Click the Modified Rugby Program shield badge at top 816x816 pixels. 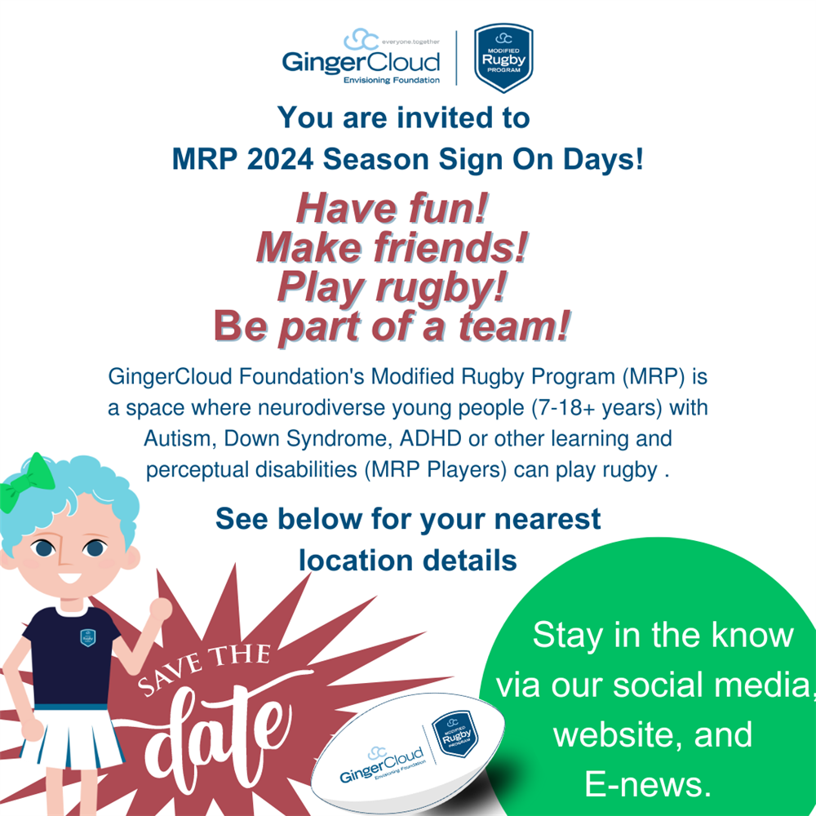(x=503, y=57)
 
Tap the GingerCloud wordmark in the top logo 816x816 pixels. (x=361, y=62)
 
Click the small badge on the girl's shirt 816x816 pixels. (x=87, y=637)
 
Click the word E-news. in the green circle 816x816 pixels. (x=645, y=784)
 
